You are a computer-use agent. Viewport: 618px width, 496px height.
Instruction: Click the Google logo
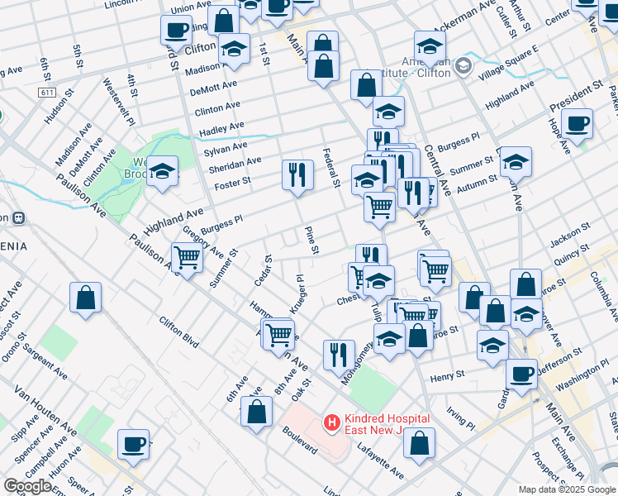[28, 486]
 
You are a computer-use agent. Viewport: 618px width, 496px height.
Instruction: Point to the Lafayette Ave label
[380, 460]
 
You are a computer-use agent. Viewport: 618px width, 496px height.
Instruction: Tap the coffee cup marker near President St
[578, 123]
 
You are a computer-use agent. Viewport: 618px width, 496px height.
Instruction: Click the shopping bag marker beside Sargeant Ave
[85, 298]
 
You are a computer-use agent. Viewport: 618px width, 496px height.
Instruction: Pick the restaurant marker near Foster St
[297, 174]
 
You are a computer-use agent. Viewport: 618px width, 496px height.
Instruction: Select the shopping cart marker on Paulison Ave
[188, 258]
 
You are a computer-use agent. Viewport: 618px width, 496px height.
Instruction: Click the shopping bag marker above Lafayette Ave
[420, 443]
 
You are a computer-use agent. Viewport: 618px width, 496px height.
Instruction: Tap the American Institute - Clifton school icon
[463, 65]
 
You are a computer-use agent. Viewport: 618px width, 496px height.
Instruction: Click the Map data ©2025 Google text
[567, 489]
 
